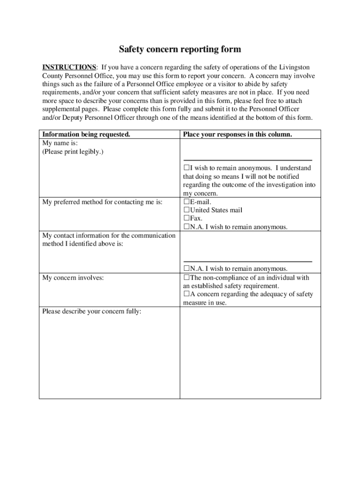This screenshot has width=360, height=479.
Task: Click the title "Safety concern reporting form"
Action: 180,49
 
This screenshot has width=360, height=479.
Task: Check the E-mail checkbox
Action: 186,202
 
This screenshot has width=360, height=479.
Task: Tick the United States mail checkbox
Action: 186,210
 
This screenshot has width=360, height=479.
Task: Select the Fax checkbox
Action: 186,218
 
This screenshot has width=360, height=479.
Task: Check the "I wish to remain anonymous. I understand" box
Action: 186,168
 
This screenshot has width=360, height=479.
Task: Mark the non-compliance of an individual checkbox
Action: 186,277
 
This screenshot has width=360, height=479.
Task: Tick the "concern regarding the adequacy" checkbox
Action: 186,294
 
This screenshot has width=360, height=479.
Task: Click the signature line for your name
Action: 247,160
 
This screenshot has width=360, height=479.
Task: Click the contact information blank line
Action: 247,261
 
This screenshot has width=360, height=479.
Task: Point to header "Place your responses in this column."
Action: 238,134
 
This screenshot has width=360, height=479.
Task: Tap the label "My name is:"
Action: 60,143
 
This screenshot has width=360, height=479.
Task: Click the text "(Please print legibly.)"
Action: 73,152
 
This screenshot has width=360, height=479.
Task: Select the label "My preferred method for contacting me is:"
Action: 102,202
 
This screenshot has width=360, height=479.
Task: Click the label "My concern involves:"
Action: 73,278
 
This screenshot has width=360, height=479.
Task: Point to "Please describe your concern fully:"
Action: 92,312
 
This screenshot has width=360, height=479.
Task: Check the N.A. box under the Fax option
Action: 186,227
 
